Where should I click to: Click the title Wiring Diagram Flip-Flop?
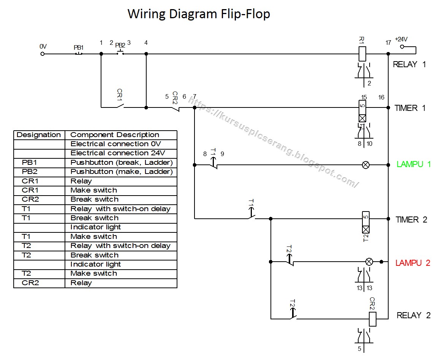point(199,14)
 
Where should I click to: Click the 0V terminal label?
point(43,46)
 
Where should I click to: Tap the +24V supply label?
point(401,39)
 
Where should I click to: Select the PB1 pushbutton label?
point(79,47)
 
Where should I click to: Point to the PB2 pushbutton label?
point(120,45)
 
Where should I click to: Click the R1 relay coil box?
point(362,54)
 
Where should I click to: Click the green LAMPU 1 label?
point(414,164)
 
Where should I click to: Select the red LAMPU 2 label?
point(413,263)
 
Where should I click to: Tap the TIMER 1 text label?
point(410,108)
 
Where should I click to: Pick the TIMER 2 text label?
point(411,220)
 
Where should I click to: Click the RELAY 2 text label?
point(413,315)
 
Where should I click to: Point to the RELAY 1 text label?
point(409,64)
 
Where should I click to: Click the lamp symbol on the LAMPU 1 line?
point(365,165)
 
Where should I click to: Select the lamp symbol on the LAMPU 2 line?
point(368,262)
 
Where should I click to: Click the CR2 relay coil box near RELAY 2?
point(372,319)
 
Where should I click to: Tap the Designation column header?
point(39,135)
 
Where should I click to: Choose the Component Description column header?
point(115,135)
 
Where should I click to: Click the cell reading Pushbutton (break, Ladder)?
point(122,163)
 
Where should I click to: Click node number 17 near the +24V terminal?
point(388,43)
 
